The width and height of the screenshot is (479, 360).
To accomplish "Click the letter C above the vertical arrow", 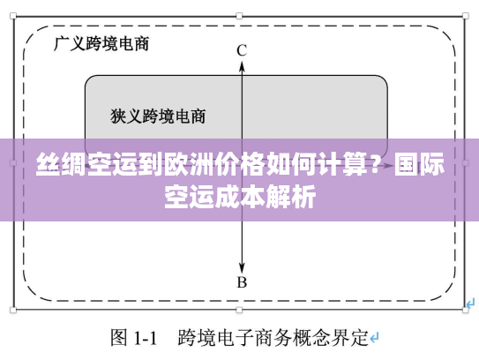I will click(241, 50).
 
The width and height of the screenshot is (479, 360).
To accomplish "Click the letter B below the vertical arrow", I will click(241, 282).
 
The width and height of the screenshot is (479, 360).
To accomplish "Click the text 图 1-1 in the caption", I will click(133, 337).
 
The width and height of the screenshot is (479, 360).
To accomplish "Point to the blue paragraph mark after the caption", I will click(374, 337).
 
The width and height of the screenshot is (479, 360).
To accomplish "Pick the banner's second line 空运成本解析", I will click(239, 196).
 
